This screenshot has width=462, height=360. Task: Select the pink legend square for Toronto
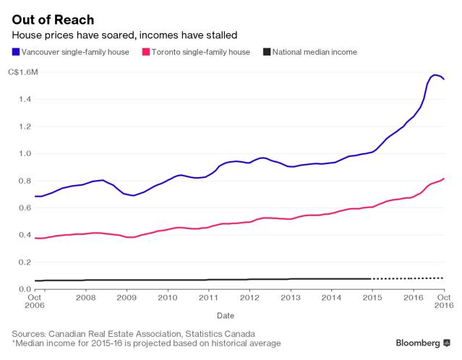coord(147,52)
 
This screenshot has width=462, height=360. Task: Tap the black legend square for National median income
coord(267,52)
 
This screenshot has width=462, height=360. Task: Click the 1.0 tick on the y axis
coord(24,153)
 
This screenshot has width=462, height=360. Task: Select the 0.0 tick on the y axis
coord(24,289)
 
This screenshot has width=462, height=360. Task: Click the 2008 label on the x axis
coord(85,297)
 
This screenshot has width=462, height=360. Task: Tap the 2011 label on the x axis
coord(208,297)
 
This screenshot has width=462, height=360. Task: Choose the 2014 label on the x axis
coord(331,297)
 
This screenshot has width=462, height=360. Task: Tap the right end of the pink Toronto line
coord(443,179)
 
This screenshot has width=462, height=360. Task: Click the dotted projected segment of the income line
coord(408,278)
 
